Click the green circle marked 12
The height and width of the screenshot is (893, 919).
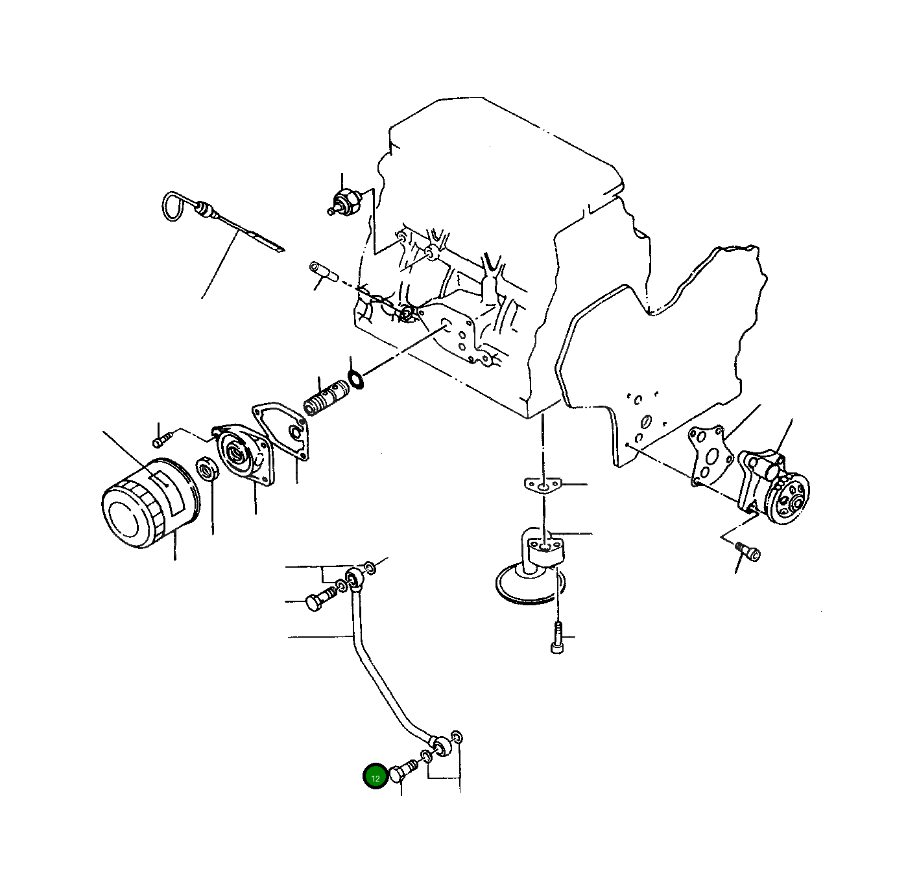[376, 777]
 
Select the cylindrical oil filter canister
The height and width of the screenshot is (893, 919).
[149, 502]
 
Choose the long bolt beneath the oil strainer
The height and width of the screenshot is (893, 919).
[556, 638]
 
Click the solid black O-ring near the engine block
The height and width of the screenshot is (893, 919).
[355, 378]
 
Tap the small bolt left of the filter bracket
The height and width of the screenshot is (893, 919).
[160, 441]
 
